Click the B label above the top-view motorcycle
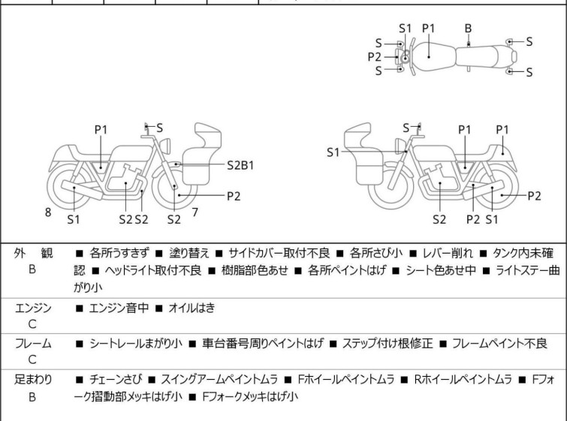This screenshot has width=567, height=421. (468, 28)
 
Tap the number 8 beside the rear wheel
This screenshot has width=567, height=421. (48, 212)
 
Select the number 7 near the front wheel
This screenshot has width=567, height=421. (195, 212)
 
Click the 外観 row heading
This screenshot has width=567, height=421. (32, 253)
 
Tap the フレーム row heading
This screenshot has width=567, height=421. (32, 343)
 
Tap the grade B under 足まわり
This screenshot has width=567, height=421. (32, 396)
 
